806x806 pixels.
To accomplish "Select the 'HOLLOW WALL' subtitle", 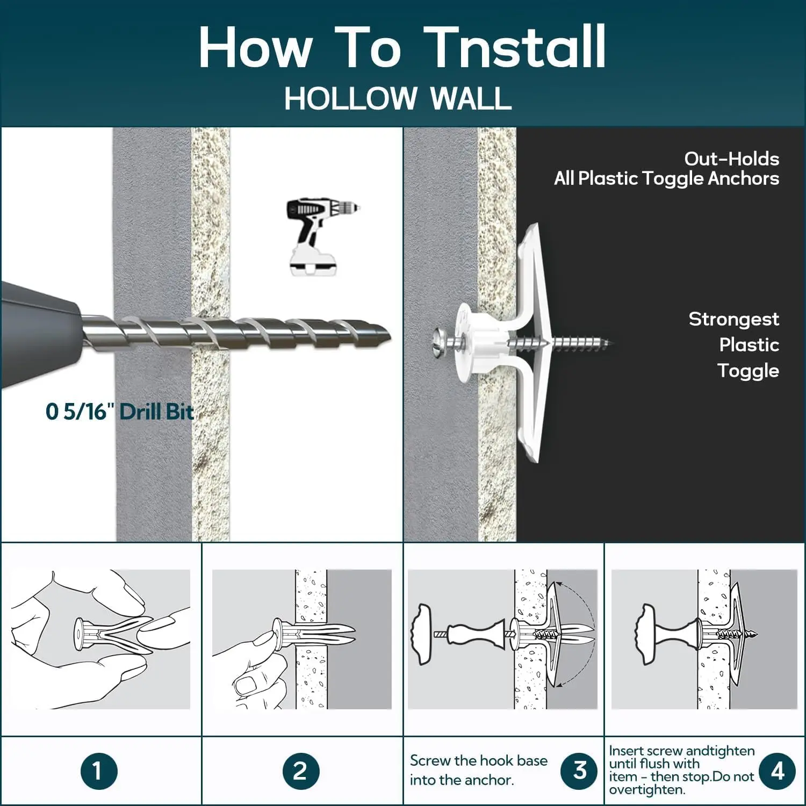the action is tap(398, 98).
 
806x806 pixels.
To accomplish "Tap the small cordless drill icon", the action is tap(322, 237).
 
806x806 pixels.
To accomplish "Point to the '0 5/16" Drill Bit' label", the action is tap(119, 412).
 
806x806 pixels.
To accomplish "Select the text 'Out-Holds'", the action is tap(731, 159).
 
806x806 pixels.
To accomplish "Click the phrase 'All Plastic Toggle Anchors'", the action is tap(666, 178).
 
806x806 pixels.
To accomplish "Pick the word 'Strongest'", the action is tap(733, 319).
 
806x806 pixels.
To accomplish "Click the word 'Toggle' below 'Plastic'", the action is tap(748, 370).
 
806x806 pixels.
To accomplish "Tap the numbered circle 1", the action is tap(99, 771).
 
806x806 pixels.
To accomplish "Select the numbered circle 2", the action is tap(300, 771).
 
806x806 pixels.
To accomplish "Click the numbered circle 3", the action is tap(579, 771).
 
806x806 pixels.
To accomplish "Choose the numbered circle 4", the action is tap(777, 771).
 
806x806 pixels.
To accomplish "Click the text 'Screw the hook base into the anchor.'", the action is tap(478, 770).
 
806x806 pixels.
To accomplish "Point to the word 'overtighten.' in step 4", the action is tap(647, 790).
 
